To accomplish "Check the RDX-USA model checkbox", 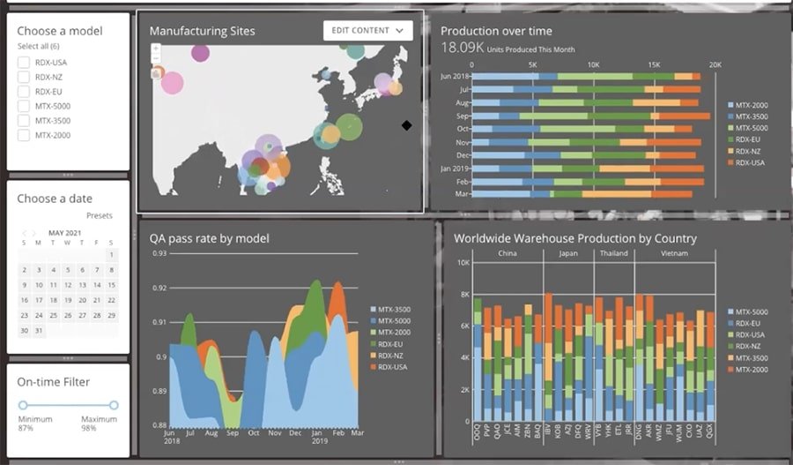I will click(24, 63).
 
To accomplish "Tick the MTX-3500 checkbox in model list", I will click(24, 121).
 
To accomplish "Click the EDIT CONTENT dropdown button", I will click(367, 31).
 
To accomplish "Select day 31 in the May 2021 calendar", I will click(38, 331).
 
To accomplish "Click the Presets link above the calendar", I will click(100, 215).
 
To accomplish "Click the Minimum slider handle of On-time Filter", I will click(24, 405).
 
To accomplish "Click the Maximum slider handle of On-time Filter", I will click(114, 405).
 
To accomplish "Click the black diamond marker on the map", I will click(406, 125).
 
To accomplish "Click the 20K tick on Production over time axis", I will click(715, 65).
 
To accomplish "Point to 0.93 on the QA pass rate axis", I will click(159, 254).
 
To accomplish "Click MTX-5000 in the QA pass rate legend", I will click(394, 321).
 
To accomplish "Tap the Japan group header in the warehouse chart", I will click(567, 253).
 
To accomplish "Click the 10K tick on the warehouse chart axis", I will click(462, 262).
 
